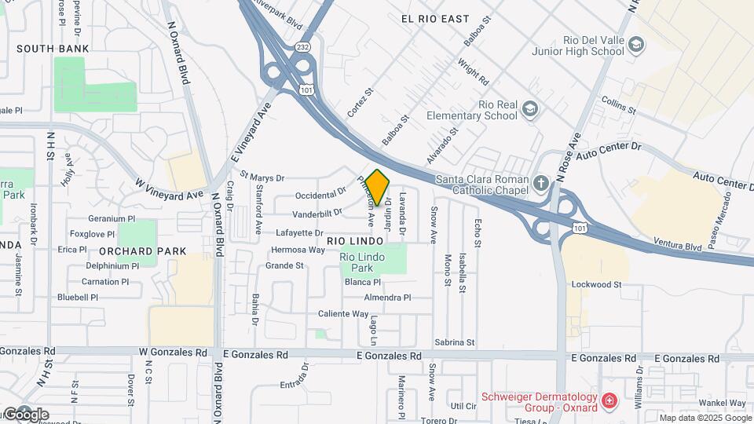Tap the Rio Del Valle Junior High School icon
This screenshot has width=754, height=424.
636,44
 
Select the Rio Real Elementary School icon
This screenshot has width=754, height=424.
531,108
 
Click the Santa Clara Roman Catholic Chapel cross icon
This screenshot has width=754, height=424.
541,184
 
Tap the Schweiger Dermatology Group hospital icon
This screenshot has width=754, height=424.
609,403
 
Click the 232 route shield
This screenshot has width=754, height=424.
303,48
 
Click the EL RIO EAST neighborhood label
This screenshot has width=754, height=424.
434,19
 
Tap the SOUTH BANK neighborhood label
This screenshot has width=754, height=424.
45,49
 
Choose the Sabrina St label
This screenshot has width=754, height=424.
455,342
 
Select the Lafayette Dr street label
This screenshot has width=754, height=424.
299,233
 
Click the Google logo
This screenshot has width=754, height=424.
25,415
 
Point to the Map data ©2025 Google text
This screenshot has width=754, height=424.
704,418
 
